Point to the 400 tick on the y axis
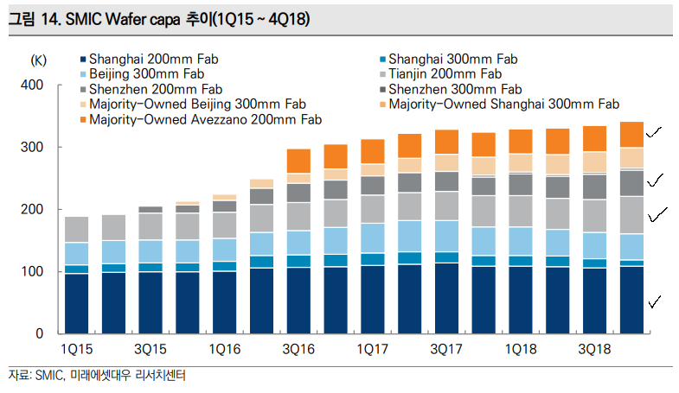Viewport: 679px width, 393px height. click(32, 86)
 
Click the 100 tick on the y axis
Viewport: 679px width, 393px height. click(32, 272)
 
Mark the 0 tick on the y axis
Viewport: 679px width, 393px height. click(39, 334)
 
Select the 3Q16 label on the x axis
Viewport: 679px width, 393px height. click(298, 349)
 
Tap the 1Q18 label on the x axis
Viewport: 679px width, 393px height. click(521, 349)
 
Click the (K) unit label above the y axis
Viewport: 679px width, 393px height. click(39, 60)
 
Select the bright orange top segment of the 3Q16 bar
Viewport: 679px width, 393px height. click(298, 162)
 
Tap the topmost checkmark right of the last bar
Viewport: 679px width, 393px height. click(654, 132)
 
